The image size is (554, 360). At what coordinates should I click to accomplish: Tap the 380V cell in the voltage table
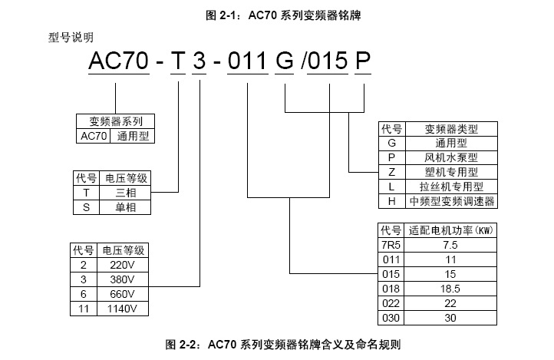pos(122,279)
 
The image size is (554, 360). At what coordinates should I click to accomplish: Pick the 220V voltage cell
pos(122,264)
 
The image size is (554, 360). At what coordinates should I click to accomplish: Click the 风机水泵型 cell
pos(451,157)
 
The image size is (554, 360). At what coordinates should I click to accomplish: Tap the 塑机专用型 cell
pos(451,172)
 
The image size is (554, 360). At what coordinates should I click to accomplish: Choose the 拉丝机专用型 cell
pos(451,187)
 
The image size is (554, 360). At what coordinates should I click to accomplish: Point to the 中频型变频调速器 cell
pos(451,201)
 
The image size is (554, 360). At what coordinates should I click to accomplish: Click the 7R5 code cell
pos(391,245)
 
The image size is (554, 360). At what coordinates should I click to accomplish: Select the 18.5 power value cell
pos(450,289)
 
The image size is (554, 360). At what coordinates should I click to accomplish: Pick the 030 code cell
pos(391,318)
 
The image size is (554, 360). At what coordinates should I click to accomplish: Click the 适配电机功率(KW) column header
pos(450,230)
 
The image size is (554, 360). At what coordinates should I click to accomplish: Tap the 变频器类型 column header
pos(451,129)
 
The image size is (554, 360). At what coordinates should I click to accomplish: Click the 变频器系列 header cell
pos(116,121)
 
